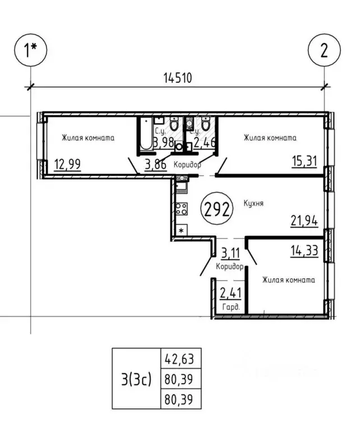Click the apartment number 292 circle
pos(216,210)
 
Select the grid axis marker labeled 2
pos(324,52)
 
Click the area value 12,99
pos(67,165)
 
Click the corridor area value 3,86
pos(155,165)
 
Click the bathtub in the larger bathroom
pos(147,135)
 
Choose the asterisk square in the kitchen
pos(181,231)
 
